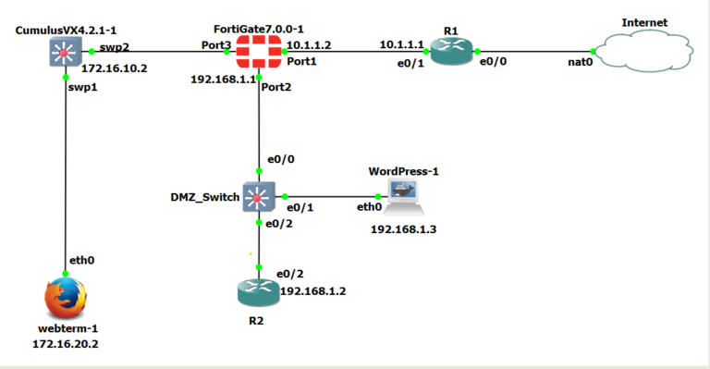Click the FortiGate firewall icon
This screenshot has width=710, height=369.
click(259, 52)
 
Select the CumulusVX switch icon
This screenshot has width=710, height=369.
click(62, 53)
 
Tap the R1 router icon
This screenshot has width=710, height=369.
click(451, 53)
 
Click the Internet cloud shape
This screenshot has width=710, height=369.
click(645, 51)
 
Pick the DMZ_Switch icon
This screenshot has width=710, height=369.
click(258, 196)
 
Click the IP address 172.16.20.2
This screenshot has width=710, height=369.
click(65, 343)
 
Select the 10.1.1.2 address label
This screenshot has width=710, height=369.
click(308, 44)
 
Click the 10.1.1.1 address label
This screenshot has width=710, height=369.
click(401, 44)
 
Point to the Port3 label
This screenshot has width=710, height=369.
click(216, 44)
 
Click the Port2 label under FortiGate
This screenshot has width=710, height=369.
click(276, 87)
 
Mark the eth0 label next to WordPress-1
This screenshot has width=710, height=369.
click(370, 207)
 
